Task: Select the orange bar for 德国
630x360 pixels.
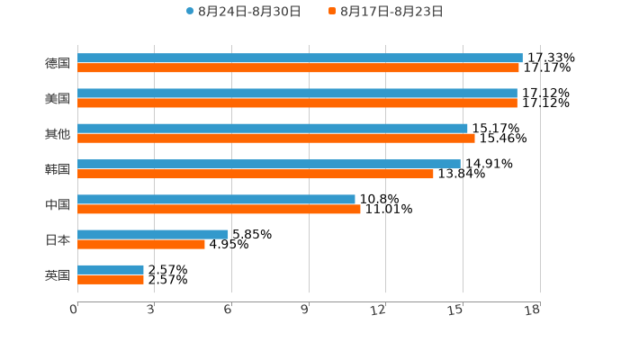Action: (298, 68)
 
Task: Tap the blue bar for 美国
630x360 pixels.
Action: (297, 93)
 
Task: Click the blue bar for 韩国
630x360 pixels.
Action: (269, 164)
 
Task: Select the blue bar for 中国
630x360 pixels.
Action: (216, 199)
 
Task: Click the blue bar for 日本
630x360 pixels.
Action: (153, 234)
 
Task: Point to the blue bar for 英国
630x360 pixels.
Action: (111, 269)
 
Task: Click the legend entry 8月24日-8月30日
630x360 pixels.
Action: (243, 12)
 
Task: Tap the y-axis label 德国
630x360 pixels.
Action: (58, 63)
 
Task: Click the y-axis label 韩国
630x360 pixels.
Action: (58, 169)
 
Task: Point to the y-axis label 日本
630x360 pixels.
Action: (58, 239)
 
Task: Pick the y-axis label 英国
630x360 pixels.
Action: (58, 274)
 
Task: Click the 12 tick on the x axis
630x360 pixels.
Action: (378, 310)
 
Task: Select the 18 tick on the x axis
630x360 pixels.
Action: (533, 310)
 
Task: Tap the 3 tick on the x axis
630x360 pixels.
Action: (150, 310)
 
